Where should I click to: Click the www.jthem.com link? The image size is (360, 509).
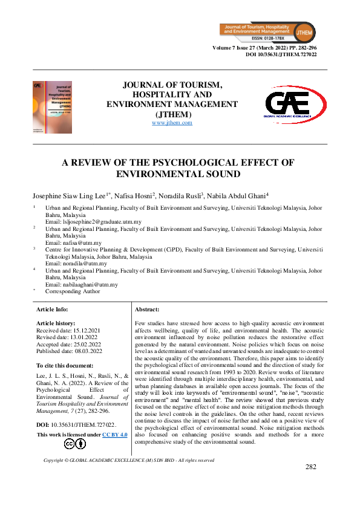pos(172,123)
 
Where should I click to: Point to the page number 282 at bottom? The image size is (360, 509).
pos(311,467)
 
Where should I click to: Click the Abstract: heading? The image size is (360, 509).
pos(147,309)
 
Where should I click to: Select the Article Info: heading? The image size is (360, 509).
pos(52,309)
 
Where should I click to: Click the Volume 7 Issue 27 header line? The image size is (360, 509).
pos(265,48)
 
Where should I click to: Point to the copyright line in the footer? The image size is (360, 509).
pos(129,460)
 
